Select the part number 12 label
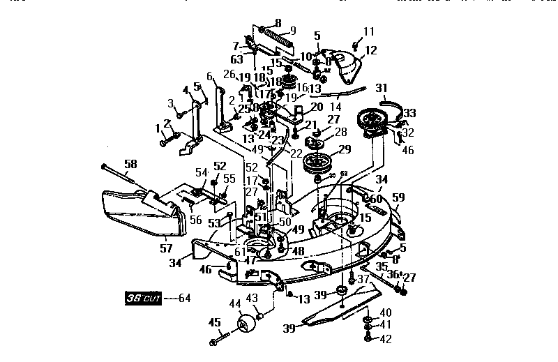click(x=370, y=50)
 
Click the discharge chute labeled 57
click(x=150, y=213)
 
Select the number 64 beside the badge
click(x=183, y=298)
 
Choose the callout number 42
click(x=385, y=339)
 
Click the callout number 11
click(x=368, y=31)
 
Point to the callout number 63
click(x=236, y=59)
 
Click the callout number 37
click(x=362, y=279)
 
